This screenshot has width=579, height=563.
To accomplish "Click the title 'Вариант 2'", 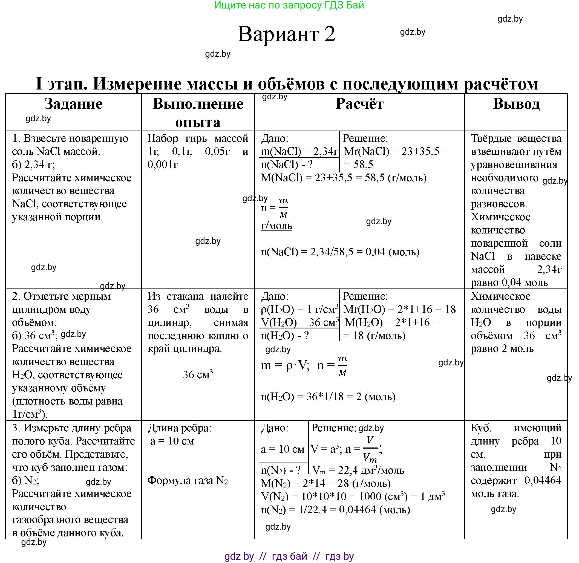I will click(x=286, y=34).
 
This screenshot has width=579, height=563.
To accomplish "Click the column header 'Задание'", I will click(x=74, y=104).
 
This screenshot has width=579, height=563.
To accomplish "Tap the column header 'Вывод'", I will click(x=516, y=104).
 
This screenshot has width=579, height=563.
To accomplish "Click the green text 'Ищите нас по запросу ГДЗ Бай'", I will click(x=289, y=5).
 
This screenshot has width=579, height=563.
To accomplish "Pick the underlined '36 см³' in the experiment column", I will click(x=198, y=375).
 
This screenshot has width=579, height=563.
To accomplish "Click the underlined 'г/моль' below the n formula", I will click(x=276, y=226).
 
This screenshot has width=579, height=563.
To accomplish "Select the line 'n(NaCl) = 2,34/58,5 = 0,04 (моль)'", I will click(x=340, y=252).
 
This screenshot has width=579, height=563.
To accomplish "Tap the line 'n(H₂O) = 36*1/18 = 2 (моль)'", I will click(x=328, y=397).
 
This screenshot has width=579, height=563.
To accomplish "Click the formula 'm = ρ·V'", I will click(x=285, y=366).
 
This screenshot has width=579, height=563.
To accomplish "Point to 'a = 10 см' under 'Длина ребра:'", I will click(x=172, y=441).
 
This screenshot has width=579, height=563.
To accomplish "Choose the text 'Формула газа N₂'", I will click(x=188, y=481).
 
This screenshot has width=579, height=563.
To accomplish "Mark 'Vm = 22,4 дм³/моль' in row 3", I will click(x=358, y=470).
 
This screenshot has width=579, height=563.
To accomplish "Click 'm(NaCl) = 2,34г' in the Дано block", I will click(x=299, y=152).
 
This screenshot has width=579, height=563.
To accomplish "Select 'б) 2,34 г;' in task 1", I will click(x=33, y=165).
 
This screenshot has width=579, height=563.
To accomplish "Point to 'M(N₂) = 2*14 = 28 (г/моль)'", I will click(x=325, y=483).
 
